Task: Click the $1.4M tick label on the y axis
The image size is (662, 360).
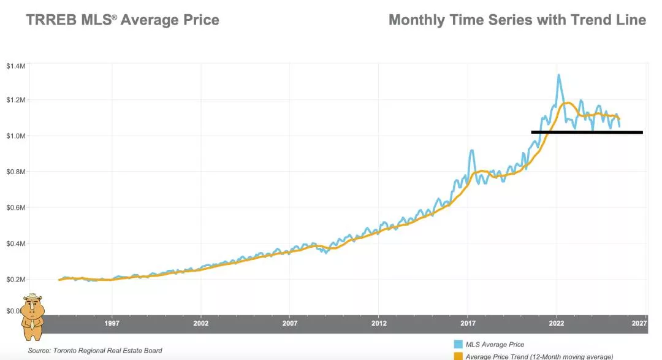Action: tap(15, 66)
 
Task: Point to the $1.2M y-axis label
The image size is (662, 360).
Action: tap(15, 100)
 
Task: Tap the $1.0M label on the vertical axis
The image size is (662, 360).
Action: tap(15, 136)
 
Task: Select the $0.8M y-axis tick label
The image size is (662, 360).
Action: tap(15, 172)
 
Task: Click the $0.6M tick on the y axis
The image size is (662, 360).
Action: tap(15, 207)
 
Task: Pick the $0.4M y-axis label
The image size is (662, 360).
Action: tap(15, 243)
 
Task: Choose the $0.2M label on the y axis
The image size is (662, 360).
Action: tap(15, 279)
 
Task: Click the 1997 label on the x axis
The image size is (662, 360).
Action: tap(112, 323)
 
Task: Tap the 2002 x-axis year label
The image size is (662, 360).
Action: tap(200, 323)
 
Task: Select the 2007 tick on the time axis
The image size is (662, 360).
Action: tap(290, 323)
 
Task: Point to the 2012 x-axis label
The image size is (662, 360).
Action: tap(379, 323)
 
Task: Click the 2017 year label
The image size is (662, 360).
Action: tap(468, 323)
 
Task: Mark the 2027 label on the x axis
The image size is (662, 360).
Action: tap(639, 323)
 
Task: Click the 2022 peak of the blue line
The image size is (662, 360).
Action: tap(558, 75)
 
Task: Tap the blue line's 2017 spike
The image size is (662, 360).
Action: tap(471, 150)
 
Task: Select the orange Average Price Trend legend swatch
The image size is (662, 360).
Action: tap(458, 356)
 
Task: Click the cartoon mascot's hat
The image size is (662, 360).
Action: tap(32, 296)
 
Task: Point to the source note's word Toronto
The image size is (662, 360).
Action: tap(69, 350)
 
